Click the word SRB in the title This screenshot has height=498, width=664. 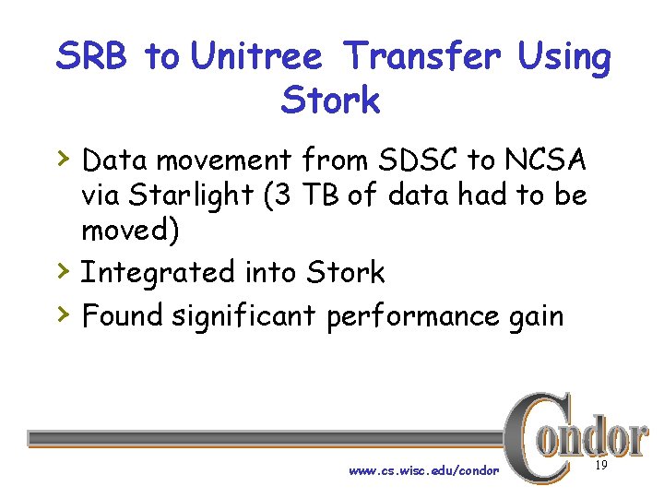coord(92,57)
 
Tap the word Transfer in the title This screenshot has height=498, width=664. coord(422,57)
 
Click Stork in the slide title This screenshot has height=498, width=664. coord(330,101)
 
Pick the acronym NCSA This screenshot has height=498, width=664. coord(544,160)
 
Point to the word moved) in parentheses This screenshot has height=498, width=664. coord(131,231)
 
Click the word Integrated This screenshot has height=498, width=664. coord(158,273)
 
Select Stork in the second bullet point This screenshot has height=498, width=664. coord(346,272)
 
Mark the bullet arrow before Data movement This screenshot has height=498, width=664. coord(62,159)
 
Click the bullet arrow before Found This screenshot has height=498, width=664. coord(62,314)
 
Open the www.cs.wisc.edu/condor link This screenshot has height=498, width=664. coord(423,471)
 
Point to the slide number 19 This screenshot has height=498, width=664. coord(600,468)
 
